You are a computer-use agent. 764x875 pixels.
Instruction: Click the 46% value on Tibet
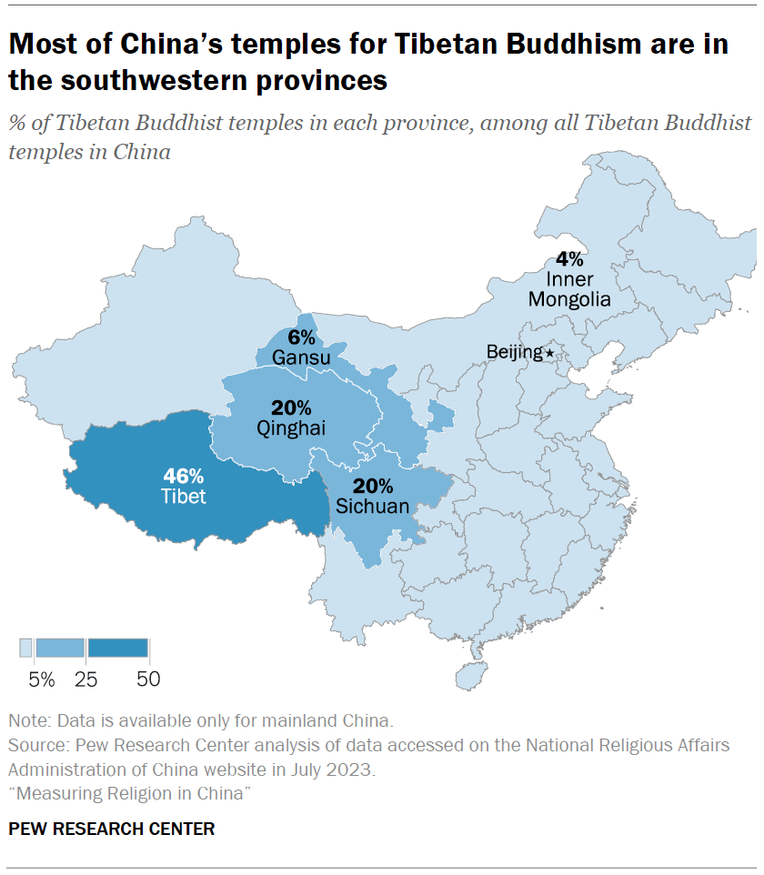[x=185, y=475]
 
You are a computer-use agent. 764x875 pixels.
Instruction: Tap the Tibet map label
[x=185, y=497]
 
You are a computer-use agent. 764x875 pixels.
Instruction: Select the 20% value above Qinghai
[x=291, y=407]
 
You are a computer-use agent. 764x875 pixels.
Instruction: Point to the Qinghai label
[x=291, y=428]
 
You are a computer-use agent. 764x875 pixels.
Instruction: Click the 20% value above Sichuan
[x=373, y=486]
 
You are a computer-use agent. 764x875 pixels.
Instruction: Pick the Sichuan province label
[x=373, y=507]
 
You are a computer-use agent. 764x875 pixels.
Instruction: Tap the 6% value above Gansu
[x=300, y=336]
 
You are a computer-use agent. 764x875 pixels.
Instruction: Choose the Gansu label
[x=300, y=356]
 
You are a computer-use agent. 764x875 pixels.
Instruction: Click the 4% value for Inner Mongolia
[x=570, y=257]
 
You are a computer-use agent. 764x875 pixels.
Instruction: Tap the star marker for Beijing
[x=548, y=352]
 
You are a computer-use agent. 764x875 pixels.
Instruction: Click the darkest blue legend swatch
[x=118, y=648]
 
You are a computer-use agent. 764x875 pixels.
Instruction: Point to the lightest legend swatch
[x=26, y=648]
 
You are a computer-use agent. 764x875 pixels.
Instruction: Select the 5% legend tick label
[x=41, y=679]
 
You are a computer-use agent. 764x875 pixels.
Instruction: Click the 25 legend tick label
[x=87, y=679]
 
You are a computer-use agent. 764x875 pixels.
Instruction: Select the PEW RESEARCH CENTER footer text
[x=112, y=829]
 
